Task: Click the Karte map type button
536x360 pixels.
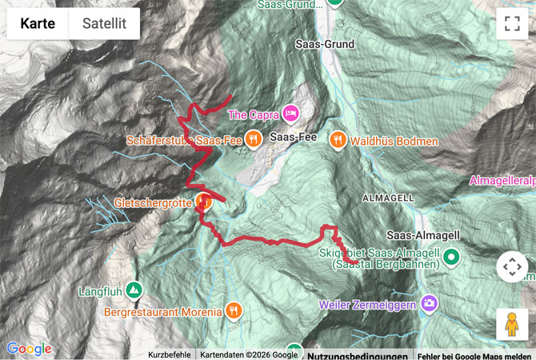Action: [38, 24]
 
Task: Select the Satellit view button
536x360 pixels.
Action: [104, 24]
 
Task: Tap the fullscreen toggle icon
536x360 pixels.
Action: [512, 24]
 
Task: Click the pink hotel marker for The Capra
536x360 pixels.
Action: [289, 114]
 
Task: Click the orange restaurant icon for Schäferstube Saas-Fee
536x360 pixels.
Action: [254, 140]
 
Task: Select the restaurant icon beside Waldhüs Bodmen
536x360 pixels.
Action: [338, 139]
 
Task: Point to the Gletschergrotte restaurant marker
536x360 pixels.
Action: [204, 202]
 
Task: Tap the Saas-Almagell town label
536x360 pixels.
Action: [422, 235]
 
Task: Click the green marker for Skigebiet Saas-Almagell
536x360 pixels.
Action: [451, 258]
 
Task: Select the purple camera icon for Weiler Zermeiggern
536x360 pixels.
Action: [430, 304]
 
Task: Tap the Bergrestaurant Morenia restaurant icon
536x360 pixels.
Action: [234, 310]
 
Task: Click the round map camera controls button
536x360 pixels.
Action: [512, 266]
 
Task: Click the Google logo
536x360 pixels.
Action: [30, 349]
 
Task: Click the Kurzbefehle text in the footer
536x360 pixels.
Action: [169, 355]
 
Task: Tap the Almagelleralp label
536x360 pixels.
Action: [502, 181]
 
